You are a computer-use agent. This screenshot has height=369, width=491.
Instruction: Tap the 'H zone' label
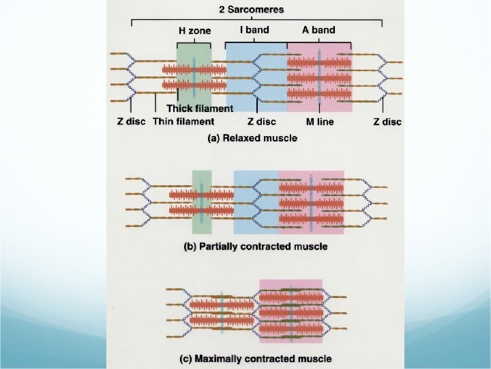pyautogui.click(x=194, y=31)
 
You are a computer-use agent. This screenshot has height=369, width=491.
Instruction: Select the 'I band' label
pyautogui.click(x=254, y=30)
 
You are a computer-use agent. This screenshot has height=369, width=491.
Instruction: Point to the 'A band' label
pyautogui.click(x=319, y=30)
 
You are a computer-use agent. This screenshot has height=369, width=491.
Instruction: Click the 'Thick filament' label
pyautogui.click(x=200, y=108)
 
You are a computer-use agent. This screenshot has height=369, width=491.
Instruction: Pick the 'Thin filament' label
pyautogui.click(x=183, y=122)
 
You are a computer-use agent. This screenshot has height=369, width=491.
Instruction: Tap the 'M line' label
pyautogui.click(x=320, y=122)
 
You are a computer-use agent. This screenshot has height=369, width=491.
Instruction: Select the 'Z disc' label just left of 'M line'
pyautogui.click(x=261, y=122)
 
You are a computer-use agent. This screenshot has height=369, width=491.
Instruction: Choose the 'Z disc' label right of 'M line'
pyautogui.click(x=387, y=122)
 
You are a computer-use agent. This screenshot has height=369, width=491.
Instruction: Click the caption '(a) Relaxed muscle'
pyautogui.click(x=252, y=138)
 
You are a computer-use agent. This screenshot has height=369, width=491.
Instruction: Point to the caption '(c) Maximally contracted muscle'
pyautogui.click(x=263, y=358)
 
